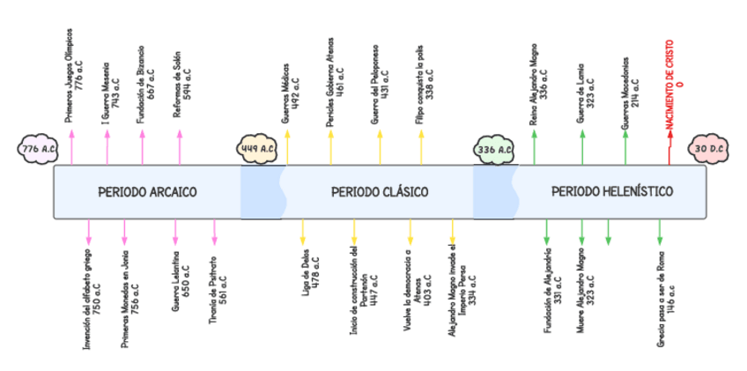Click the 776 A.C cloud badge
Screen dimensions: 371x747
pos(38,149)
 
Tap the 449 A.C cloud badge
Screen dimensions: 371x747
pos(261,149)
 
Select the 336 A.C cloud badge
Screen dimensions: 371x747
pos(494,149)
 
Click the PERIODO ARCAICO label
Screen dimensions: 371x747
pos(147,191)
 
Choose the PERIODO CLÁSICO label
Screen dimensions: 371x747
pos(380,191)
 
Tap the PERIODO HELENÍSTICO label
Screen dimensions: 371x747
pos(612,191)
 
